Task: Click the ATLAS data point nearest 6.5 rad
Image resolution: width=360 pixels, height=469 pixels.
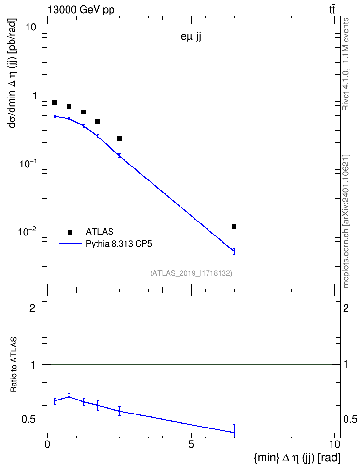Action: [x=234, y=226]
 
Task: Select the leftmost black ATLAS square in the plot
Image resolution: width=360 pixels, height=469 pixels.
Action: [x=55, y=103]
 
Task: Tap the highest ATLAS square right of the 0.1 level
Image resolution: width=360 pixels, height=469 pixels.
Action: [x=55, y=103]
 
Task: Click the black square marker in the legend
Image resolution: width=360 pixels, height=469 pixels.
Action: [x=70, y=232]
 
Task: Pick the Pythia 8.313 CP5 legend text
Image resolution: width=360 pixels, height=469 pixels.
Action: [x=119, y=244]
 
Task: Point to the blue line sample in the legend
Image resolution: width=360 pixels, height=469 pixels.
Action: [x=70, y=244]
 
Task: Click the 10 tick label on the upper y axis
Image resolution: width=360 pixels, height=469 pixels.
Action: [x=30, y=27]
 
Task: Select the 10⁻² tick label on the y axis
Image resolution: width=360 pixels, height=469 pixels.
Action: [x=26, y=231]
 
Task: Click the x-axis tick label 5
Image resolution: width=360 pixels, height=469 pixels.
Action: [x=191, y=444]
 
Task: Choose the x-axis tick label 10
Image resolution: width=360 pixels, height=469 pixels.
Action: [x=334, y=444]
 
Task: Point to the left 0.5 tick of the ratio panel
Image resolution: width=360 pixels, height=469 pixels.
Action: [x=28, y=420]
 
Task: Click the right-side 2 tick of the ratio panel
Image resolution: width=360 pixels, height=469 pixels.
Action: [x=346, y=308]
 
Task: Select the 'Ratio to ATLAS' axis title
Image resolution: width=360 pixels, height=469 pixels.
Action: [x=14, y=364]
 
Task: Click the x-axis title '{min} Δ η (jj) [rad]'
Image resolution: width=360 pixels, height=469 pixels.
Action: [x=297, y=457]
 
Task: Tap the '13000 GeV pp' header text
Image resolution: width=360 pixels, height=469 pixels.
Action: [x=81, y=10]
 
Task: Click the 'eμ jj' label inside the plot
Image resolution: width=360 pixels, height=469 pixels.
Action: [x=191, y=38]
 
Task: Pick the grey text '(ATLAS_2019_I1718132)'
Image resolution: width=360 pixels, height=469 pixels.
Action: [x=191, y=273]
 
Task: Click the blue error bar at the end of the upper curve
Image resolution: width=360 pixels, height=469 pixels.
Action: [x=234, y=251]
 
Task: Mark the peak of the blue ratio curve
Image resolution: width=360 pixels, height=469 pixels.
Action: [x=69, y=397]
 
